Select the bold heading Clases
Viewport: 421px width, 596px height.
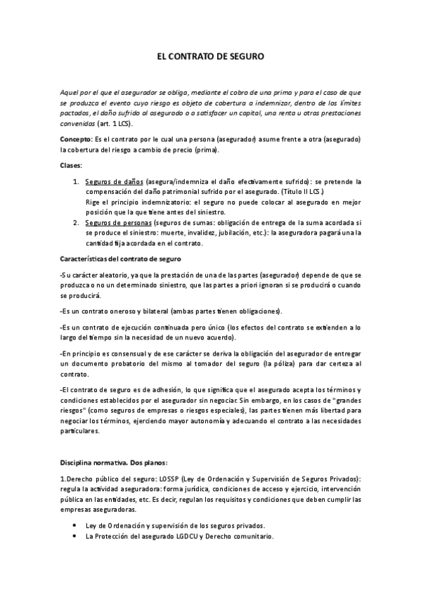(x=72, y=165)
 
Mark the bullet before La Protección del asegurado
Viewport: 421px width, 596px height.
(x=75, y=536)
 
